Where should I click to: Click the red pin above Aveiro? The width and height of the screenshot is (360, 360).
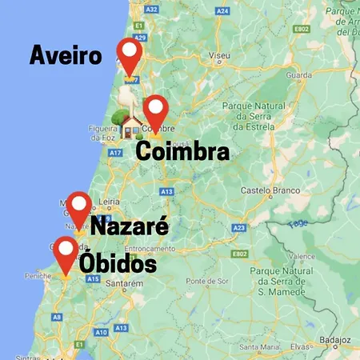pos(129,52)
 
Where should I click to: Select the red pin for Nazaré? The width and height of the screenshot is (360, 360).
pos(78,206)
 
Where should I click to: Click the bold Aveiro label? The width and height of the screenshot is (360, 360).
pos(66,55)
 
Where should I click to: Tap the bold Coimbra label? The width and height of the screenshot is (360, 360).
pos(182,152)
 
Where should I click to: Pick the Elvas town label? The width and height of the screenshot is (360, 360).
pos(301,346)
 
